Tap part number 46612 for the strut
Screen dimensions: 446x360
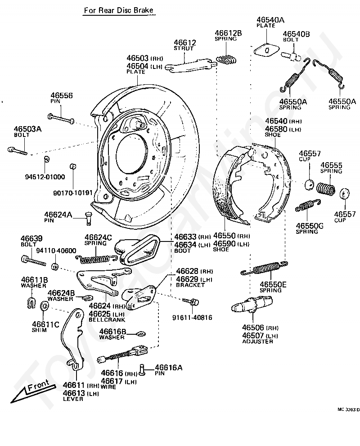(x=185, y=43)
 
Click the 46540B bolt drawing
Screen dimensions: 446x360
(x=291, y=56)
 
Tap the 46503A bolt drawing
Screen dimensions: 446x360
(x=18, y=150)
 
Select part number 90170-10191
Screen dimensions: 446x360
(x=73, y=193)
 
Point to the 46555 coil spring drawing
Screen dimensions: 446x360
(x=325, y=188)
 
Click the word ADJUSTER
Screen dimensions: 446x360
(x=257, y=341)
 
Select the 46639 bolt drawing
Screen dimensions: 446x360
(x=31, y=260)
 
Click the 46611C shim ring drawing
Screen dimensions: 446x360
(x=45, y=307)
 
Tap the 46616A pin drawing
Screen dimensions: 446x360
(x=143, y=370)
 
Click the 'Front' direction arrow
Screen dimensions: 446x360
(x=31, y=388)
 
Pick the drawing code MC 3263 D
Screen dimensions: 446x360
(x=348, y=410)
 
